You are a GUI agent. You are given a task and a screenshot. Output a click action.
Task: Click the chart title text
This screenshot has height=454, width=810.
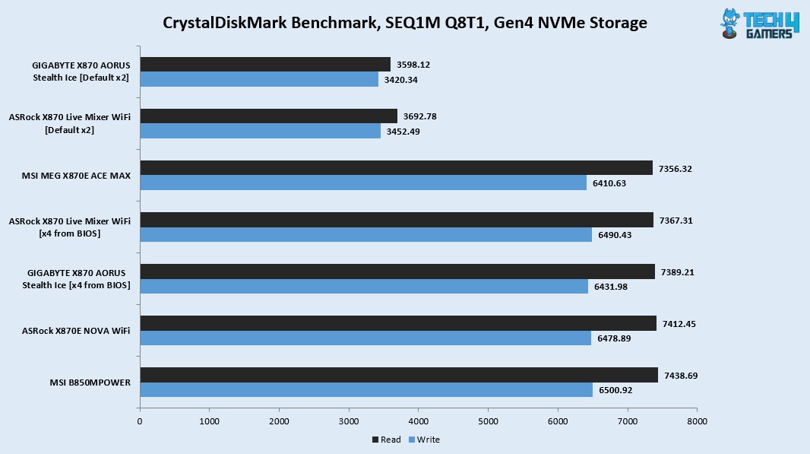pyautogui.click(x=405, y=23)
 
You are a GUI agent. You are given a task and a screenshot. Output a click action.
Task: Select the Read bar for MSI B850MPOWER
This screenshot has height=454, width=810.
pyautogui.click(x=398, y=375)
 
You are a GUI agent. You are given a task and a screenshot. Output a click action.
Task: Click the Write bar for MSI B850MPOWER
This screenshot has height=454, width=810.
pyautogui.click(x=366, y=389)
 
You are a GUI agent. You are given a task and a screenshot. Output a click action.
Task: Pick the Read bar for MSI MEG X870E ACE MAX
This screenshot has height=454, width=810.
pyautogui.click(x=396, y=168)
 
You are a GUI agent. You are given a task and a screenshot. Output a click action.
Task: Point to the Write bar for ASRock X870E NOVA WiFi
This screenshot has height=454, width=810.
pyautogui.click(x=365, y=338)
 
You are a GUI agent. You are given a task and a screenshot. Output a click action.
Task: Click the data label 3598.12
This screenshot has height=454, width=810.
pyautogui.click(x=413, y=65)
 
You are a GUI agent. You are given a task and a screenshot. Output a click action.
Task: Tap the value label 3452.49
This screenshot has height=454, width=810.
pyautogui.click(x=403, y=132)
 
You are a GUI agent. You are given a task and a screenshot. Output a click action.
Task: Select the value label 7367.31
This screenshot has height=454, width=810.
pyautogui.click(x=676, y=220)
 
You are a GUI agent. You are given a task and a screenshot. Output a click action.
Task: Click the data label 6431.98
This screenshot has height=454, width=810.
pyautogui.click(x=610, y=286)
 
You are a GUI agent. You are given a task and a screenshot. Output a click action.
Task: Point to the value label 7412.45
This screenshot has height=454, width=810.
pyautogui.click(x=679, y=323)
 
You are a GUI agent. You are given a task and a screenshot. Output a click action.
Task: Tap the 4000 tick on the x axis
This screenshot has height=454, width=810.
pyautogui.click(x=419, y=421)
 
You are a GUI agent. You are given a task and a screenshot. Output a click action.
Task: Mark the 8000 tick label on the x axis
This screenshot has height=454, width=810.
pyautogui.click(x=697, y=421)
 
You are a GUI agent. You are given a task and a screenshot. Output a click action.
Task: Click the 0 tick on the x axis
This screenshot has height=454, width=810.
pyautogui.click(x=140, y=421)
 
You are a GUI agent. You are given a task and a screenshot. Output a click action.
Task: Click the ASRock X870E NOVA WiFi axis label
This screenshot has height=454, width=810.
pyautogui.click(x=77, y=331)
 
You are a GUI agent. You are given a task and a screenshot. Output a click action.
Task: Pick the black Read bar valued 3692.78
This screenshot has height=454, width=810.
pyautogui.click(x=268, y=116)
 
